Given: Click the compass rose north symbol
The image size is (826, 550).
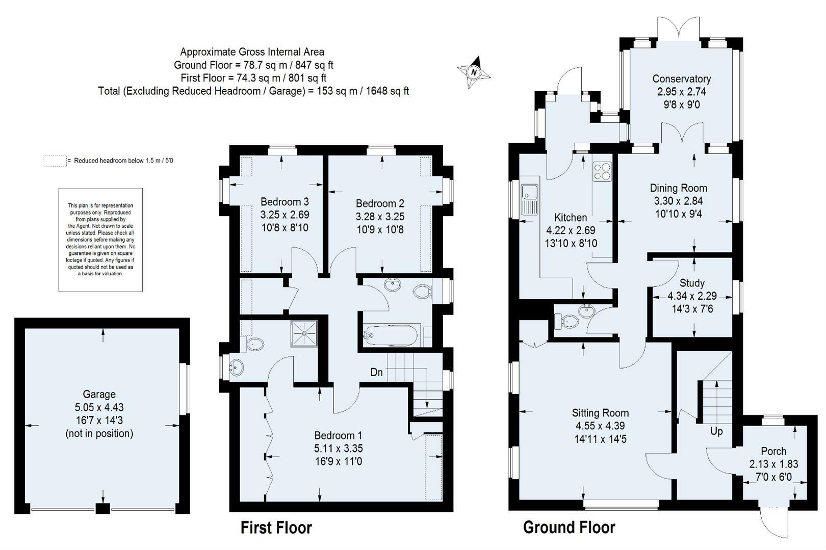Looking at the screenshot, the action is [474, 72].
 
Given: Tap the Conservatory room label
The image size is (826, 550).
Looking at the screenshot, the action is [681, 79].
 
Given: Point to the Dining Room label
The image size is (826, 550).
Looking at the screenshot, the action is [678, 188].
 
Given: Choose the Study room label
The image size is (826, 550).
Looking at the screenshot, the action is [692, 283].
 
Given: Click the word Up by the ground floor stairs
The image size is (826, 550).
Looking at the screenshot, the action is [716, 431].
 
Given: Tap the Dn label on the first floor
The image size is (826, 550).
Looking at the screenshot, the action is [376, 373].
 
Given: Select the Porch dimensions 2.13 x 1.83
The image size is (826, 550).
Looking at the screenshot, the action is [773, 464].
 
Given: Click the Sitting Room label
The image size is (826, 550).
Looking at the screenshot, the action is [600, 413].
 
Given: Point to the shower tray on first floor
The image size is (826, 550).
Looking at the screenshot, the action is [304, 333].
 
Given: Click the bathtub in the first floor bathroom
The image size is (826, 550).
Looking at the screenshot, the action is [391, 335].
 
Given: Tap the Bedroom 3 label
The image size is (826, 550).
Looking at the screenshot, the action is [285, 202].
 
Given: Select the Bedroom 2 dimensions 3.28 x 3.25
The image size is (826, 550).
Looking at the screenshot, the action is [380, 217].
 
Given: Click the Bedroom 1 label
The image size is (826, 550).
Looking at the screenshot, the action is [338, 435].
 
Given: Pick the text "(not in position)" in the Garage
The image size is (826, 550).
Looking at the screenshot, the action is [99, 434].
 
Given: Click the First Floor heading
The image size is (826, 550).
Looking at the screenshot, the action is [276, 528].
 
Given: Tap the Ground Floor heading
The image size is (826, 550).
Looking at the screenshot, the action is [569, 528].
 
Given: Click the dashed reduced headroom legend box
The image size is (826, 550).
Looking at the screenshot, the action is [54, 161].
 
